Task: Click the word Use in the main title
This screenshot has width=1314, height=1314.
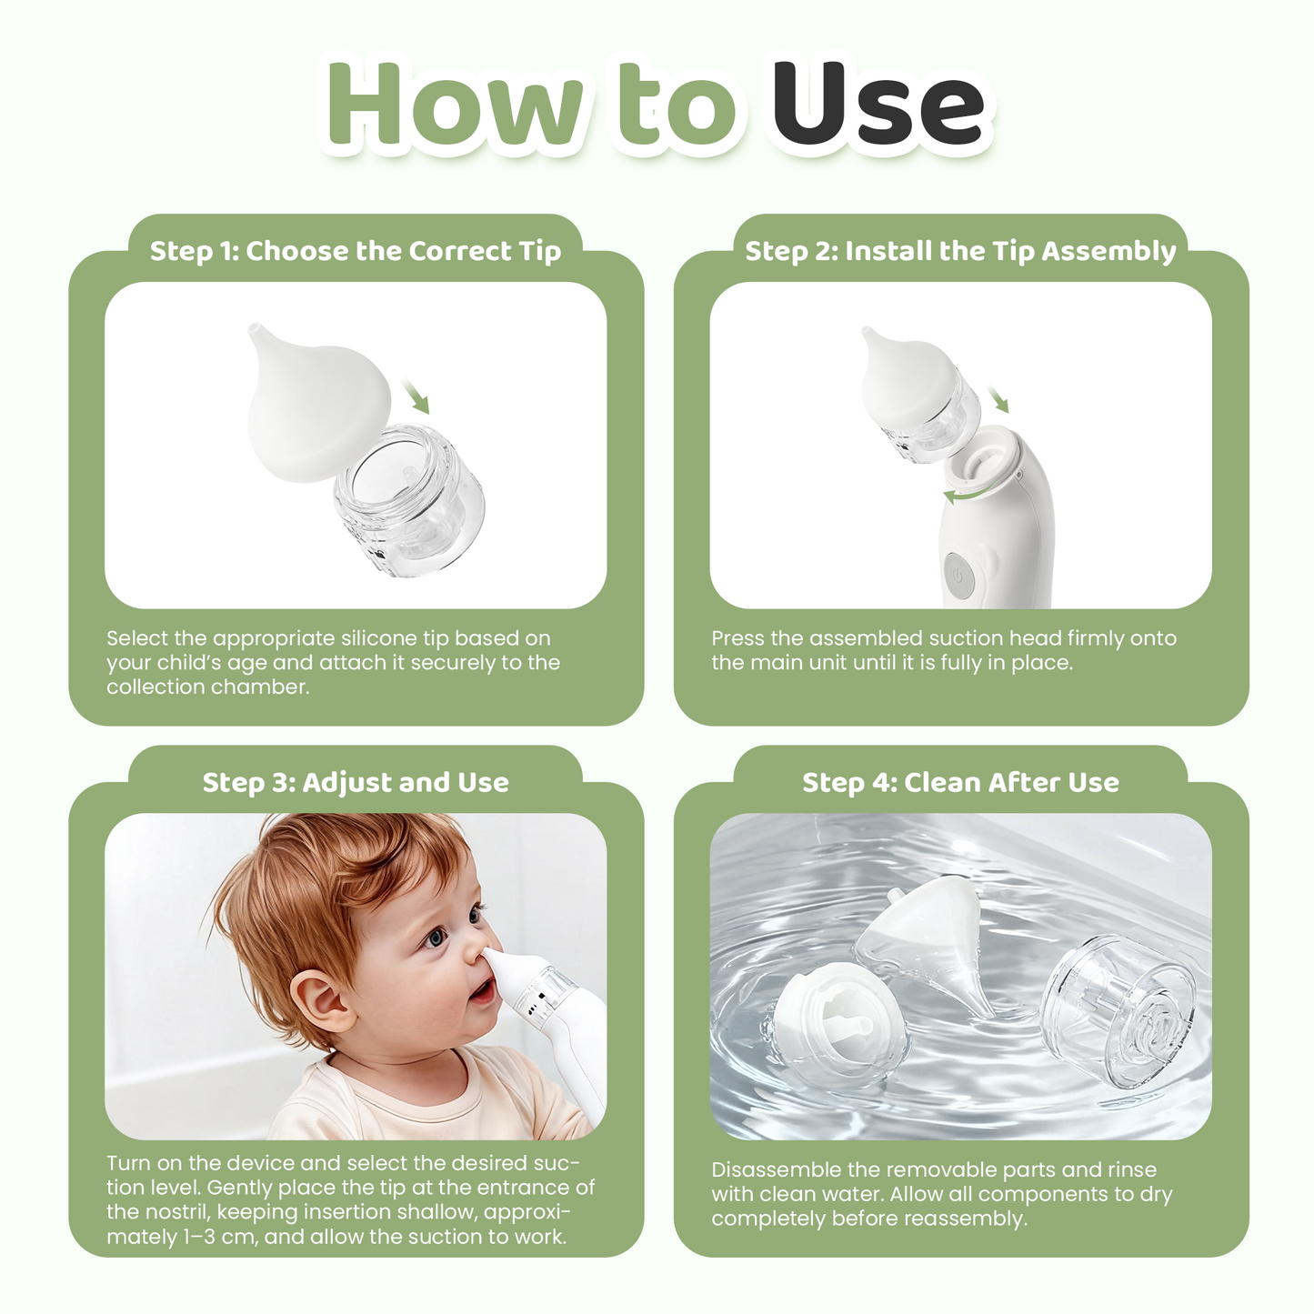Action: pyautogui.click(x=878, y=106)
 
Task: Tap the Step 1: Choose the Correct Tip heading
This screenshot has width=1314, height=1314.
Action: pyautogui.click(x=356, y=251)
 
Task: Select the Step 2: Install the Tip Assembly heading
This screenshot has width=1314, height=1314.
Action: pyautogui.click(x=960, y=251)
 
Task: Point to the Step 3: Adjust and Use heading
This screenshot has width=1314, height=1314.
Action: pyautogui.click(x=356, y=782)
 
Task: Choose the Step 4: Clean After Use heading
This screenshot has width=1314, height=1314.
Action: pyautogui.click(x=960, y=782)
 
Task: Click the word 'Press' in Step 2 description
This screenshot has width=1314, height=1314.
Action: pyautogui.click(x=737, y=638)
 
